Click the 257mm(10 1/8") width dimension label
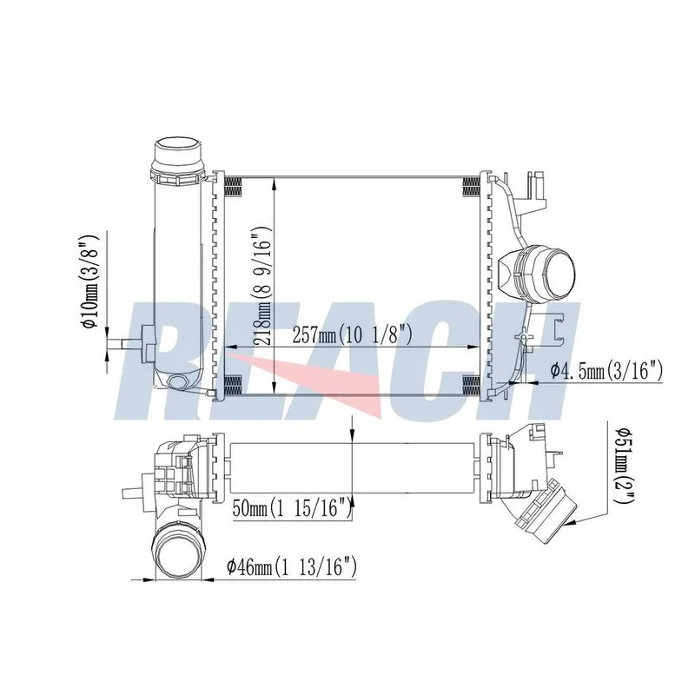353,335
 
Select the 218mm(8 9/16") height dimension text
261,287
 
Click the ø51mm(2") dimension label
625,465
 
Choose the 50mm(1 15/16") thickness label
293,507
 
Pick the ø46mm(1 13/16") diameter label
292,567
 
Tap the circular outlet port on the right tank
559,273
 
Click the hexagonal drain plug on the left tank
179,382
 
